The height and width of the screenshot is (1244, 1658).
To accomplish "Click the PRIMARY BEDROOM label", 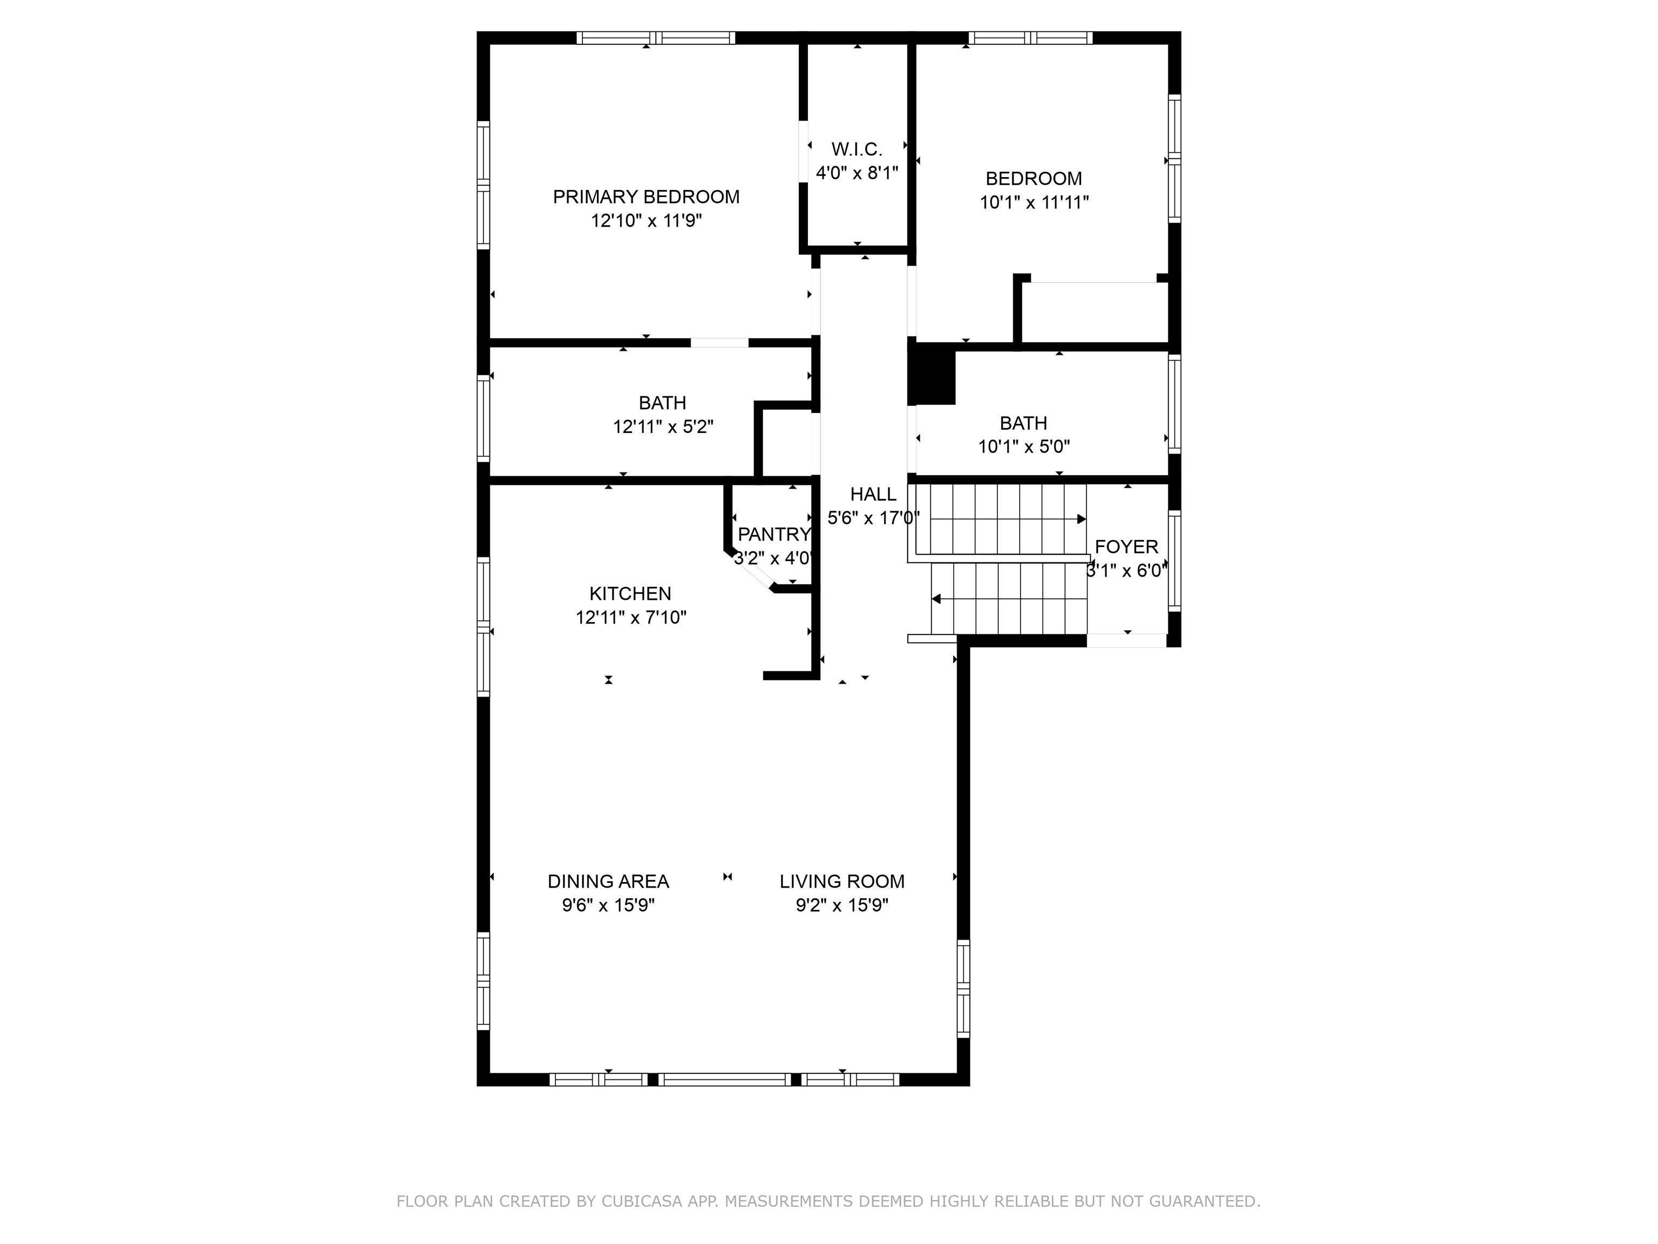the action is click(x=646, y=197).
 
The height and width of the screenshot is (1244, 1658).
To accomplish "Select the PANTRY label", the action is click(x=773, y=535).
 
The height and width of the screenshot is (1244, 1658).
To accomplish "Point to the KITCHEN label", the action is click(x=630, y=594).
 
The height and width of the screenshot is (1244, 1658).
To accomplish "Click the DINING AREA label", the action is click(x=608, y=882).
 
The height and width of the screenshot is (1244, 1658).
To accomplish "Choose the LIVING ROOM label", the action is click(x=842, y=882).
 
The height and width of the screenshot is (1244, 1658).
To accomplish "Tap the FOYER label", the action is click(x=1126, y=546).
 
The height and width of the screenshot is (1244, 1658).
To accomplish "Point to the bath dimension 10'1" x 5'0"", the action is click(x=1024, y=447).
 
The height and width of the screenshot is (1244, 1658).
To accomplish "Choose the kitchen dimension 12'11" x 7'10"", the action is click(x=631, y=618).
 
